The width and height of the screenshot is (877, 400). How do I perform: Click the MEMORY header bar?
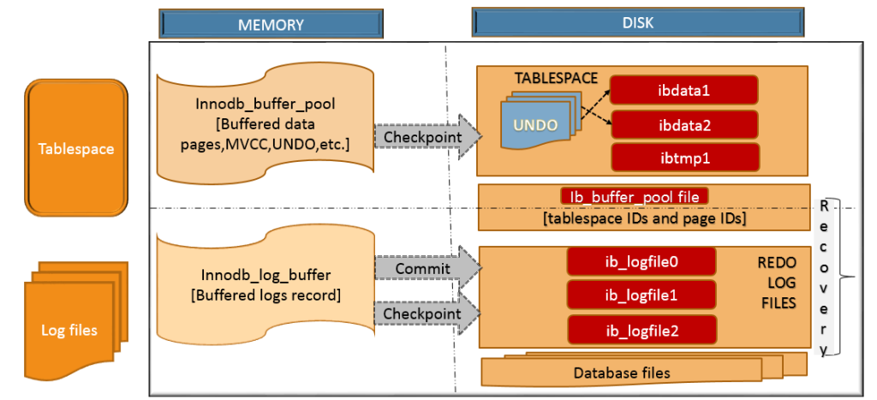(x=270, y=23)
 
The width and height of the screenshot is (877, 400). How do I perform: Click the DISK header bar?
(x=640, y=23)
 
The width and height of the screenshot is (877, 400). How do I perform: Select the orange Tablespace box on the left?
(x=75, y=148)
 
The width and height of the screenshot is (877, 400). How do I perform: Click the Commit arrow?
(x=421, y=269)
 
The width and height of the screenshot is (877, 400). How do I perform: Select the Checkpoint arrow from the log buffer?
(x=421, y=314)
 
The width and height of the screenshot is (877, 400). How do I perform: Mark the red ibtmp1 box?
(x=685, y=157)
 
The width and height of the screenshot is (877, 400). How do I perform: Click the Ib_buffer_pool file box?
(x=635, y=196)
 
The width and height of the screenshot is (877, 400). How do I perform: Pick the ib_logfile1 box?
(x=641, y=294)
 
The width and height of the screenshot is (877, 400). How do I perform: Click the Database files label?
(x=622, y=373)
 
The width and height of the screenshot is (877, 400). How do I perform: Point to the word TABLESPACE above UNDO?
(x=556, y=77)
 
